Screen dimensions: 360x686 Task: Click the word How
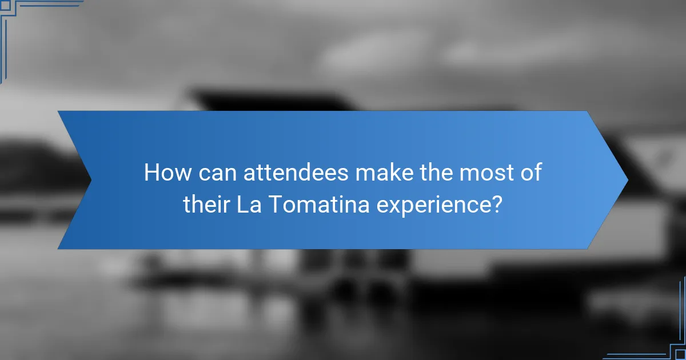163,173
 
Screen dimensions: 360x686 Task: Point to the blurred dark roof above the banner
274,100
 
